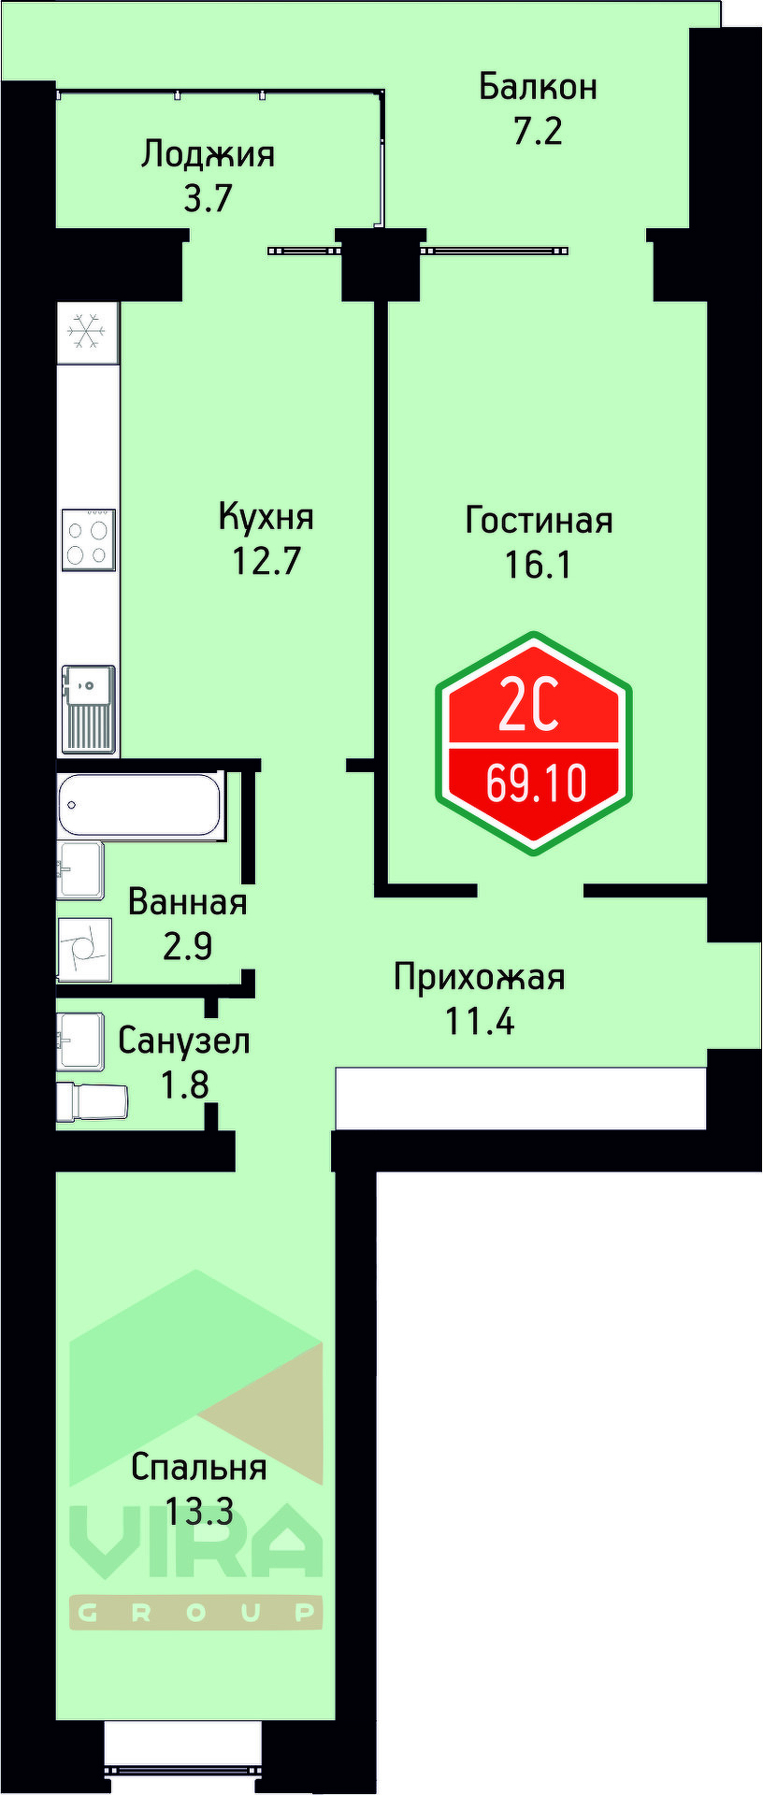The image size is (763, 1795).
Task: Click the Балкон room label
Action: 538,87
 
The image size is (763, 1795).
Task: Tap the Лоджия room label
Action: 208,153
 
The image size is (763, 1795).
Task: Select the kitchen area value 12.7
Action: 266,561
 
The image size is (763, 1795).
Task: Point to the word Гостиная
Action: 539,520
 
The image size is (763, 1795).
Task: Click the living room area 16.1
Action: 538,564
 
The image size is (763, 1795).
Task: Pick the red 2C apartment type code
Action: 529,707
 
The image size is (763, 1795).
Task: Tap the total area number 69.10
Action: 536,783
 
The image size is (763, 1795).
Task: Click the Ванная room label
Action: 188,902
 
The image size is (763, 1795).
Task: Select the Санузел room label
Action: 184,1041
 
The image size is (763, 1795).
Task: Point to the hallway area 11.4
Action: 479,1022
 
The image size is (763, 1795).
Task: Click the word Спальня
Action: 198,1467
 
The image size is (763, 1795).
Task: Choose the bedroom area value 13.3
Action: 198,1511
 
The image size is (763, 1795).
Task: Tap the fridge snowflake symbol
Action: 87,332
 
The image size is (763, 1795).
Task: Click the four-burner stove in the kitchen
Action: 88,540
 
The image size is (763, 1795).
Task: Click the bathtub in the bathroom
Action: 140,805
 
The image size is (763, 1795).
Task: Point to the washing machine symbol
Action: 84,950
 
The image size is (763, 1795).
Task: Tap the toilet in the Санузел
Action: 93,1101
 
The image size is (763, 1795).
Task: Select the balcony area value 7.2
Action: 538,131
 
